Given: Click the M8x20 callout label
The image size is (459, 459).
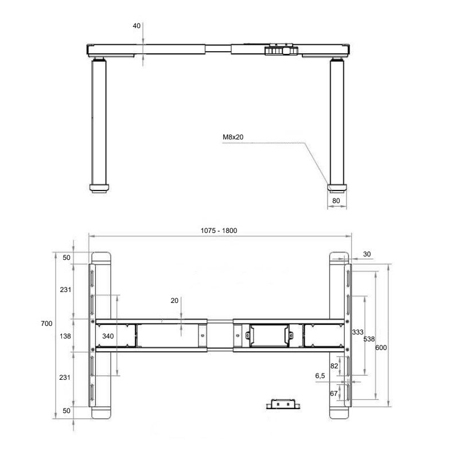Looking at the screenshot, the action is pos(233,137).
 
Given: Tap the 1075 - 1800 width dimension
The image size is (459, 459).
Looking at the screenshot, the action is pos(219,231).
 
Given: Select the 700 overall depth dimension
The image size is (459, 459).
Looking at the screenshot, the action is pos(46,324).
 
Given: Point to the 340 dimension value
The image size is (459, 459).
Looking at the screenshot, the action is pos(108,336).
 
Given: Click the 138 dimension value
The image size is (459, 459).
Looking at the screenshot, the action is pos(65,336).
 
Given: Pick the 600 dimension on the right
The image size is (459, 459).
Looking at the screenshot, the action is pos(381,348).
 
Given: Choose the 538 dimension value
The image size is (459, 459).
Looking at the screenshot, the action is pos(369,339).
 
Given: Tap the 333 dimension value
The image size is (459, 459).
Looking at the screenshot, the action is pos(357,332).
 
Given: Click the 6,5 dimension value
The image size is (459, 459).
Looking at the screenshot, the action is pos(320,376).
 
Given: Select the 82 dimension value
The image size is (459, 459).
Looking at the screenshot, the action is pos(334,366).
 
